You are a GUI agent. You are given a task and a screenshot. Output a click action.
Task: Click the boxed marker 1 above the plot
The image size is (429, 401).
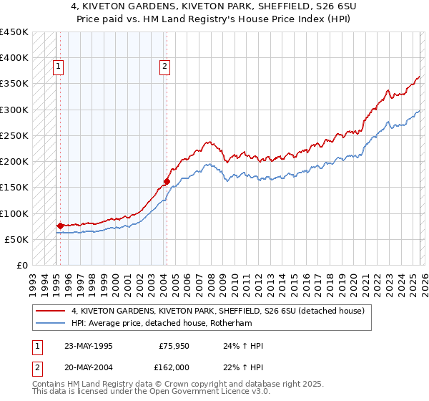pyautogui.click(x=58, y=67)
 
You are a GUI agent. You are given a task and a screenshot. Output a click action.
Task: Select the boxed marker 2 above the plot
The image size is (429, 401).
pyautogui.click(x=164, y=67)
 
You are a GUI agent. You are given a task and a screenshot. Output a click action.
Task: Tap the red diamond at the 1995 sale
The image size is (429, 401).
pyautogui.click(x=60, y=226)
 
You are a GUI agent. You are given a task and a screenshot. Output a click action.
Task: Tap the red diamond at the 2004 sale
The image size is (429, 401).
pyautogui.click(x=167, y=181)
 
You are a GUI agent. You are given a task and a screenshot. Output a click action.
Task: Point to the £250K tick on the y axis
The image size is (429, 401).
pyautogui.click(x=15, y=135)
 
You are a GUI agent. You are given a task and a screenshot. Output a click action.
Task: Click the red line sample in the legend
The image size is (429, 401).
pyautogui.click(x=50, y=311)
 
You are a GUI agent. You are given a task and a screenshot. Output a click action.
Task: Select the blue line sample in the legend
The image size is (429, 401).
pyautogui.click(x=50, y=323)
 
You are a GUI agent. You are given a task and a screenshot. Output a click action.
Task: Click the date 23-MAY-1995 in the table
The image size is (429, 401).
pyautogui.click(x=89, y=346)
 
